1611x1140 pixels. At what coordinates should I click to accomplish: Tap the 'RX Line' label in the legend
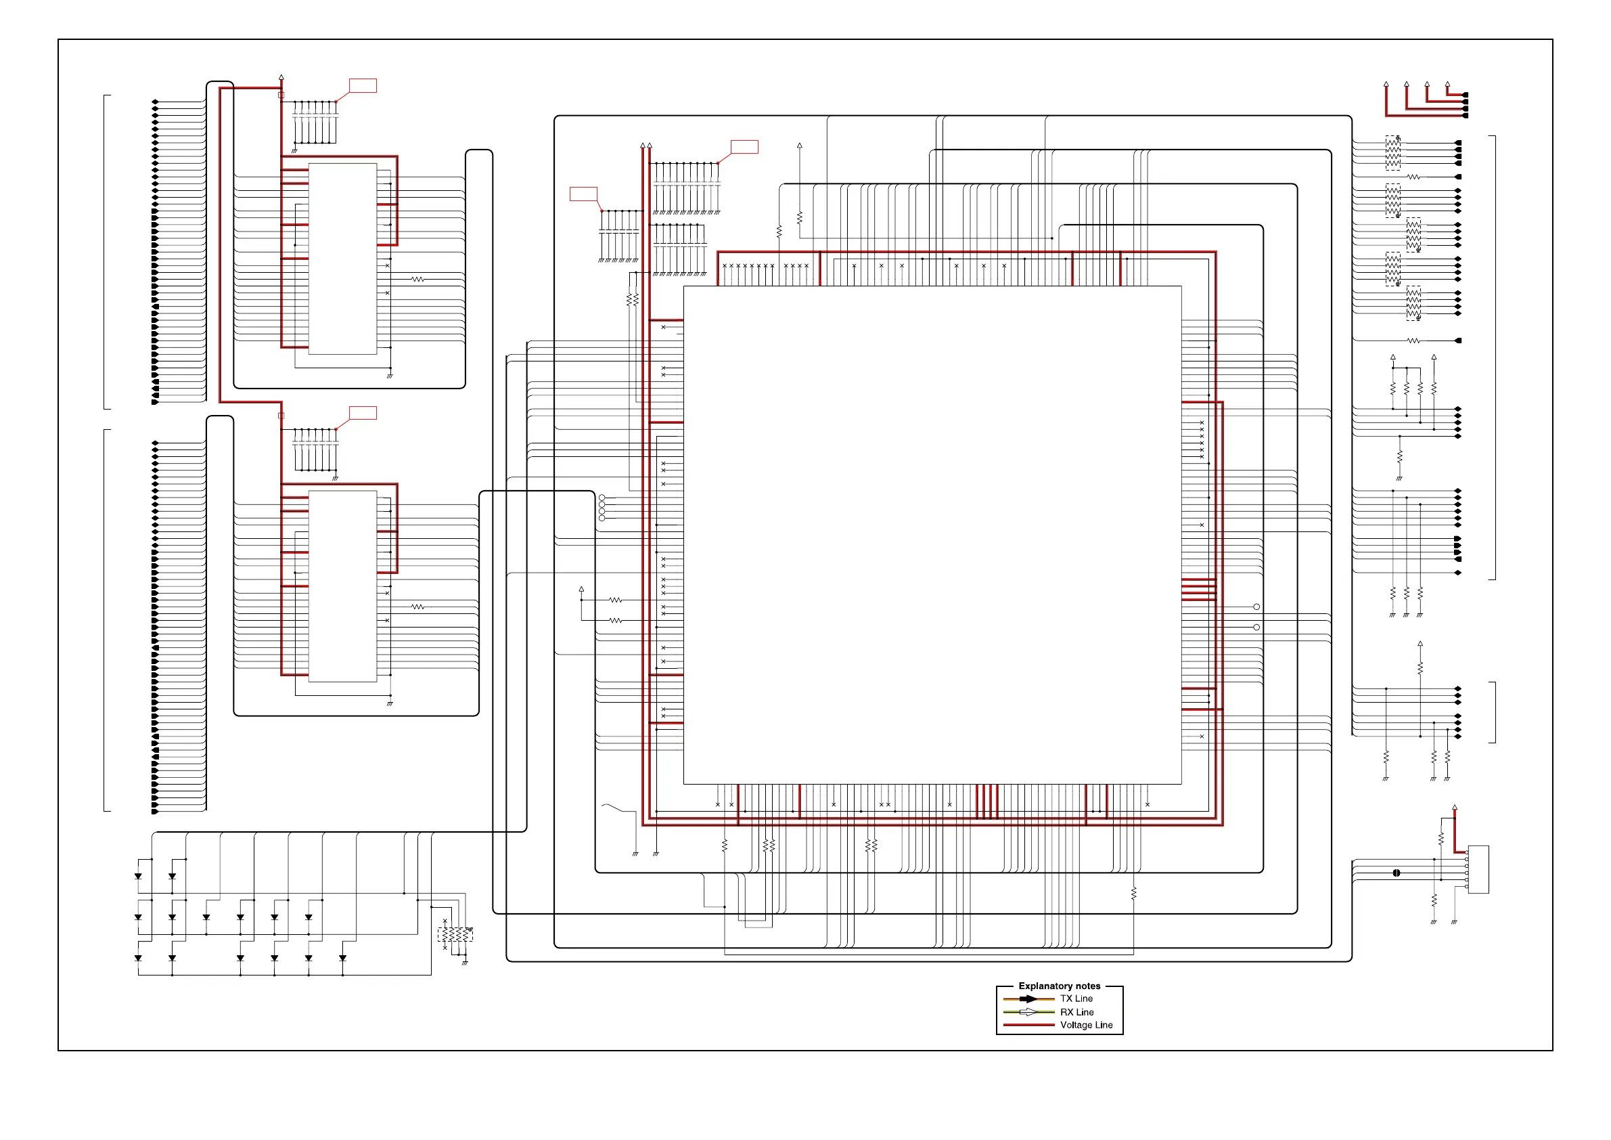click(1076, 1012)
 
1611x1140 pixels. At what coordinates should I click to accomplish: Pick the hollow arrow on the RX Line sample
click(1028, 1012)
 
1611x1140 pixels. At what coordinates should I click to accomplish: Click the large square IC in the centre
click(932, 535)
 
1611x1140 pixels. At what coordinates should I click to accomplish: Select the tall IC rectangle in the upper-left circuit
click(342, 259)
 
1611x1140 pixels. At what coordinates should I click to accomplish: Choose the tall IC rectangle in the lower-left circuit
click(342, 586)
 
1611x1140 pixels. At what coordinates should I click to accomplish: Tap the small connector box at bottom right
click(1478, 870)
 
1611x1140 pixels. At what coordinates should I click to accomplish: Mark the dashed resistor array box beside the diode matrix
click(455, 935)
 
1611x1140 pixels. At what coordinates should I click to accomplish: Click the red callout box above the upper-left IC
click(363, 86)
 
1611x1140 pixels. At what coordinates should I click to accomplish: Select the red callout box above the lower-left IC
click(363, 413)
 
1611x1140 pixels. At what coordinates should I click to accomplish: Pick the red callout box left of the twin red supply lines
click(583, 194)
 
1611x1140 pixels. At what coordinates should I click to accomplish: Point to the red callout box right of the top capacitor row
click(744, 147)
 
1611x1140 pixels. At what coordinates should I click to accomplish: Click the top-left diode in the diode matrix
click(138, 876)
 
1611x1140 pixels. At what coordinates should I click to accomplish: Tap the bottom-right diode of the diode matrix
click(342, 958)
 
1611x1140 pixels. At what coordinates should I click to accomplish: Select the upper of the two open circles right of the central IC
click(1256, 607)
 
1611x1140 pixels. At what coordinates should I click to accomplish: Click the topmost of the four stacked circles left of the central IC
click(602, 498)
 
